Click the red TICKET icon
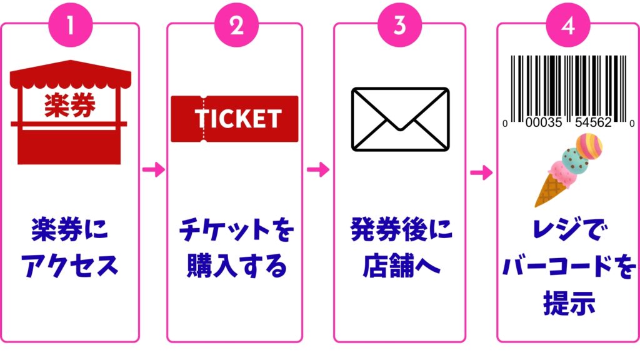(x=234, y=118)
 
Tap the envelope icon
(x=400, y=118)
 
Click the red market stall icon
(x=70, y=115)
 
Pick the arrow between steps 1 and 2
(x=153, y=169)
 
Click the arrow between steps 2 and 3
(x=318, y=169)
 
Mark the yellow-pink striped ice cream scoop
(x=589, y=146)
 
